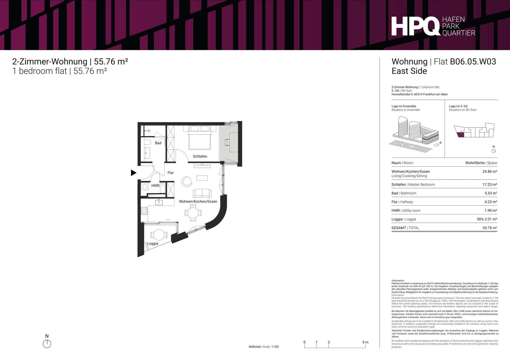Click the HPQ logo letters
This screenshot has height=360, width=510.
tap(416, 26)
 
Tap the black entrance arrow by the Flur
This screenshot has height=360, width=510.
tap(134, 173)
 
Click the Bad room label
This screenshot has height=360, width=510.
tap(158, 143)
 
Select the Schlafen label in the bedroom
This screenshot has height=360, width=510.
tap(200, 156)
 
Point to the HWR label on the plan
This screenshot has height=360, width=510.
tap(155, 185)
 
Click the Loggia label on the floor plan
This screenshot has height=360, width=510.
tap(153, 244)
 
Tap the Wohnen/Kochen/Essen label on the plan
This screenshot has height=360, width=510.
tap(198, 201)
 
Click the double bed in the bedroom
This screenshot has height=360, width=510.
tap(200, 138)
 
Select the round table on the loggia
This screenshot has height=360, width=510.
tap(159, 235)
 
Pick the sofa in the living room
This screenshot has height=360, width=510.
tap(202, 193)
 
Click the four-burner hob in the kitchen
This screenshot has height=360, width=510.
tap(144, 211)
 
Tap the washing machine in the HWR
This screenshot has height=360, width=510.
tap(145, 186)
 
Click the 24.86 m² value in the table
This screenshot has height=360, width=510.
tap(490, 171)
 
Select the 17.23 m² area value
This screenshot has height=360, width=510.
tap(490, 184)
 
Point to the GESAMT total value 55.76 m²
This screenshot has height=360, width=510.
tap(490, 228)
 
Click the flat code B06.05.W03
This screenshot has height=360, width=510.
tap(473, 62)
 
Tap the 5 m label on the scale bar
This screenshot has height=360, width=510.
tap(365, 342)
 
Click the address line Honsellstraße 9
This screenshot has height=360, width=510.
tap(419, 94)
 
